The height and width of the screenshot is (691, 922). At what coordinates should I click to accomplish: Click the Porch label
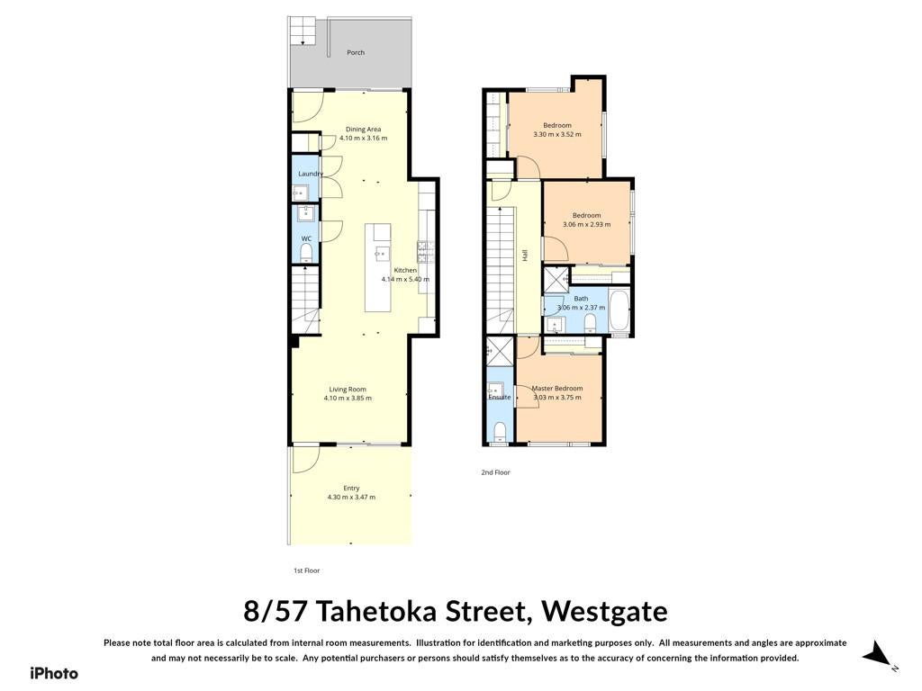(x=355, y=52)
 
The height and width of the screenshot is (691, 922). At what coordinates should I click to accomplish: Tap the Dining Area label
(x=364, y=130)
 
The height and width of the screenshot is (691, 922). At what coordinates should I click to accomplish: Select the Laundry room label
(x=311, y=174)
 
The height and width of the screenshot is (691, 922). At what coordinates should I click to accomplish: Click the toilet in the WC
(x=306, y=253)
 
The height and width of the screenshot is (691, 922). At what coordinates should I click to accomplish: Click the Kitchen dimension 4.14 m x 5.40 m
(x=405, y=279)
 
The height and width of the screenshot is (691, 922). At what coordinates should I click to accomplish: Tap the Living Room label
(x=348, y=389)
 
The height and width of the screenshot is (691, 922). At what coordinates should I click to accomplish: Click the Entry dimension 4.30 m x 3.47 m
(x=351, y=497)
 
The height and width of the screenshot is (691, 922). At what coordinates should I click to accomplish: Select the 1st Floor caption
(x=307, y=570)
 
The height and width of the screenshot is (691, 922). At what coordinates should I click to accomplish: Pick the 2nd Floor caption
(x=496, y=472)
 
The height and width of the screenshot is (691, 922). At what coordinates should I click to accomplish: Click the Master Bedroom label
(x=557, y=389)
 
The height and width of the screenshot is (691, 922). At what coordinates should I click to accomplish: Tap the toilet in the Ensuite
(x=500, y=431)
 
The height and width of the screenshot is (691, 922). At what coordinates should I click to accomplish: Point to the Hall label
(x=525, y=255)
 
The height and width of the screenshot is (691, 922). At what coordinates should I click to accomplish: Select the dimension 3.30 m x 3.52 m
(x=556, y=135)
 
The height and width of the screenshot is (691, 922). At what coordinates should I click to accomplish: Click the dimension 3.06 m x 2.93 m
(x=587, y=224)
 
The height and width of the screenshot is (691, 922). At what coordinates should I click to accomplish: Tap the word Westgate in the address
(x=604, y=612)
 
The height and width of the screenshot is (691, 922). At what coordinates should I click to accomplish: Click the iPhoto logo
(x=53, y=673)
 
